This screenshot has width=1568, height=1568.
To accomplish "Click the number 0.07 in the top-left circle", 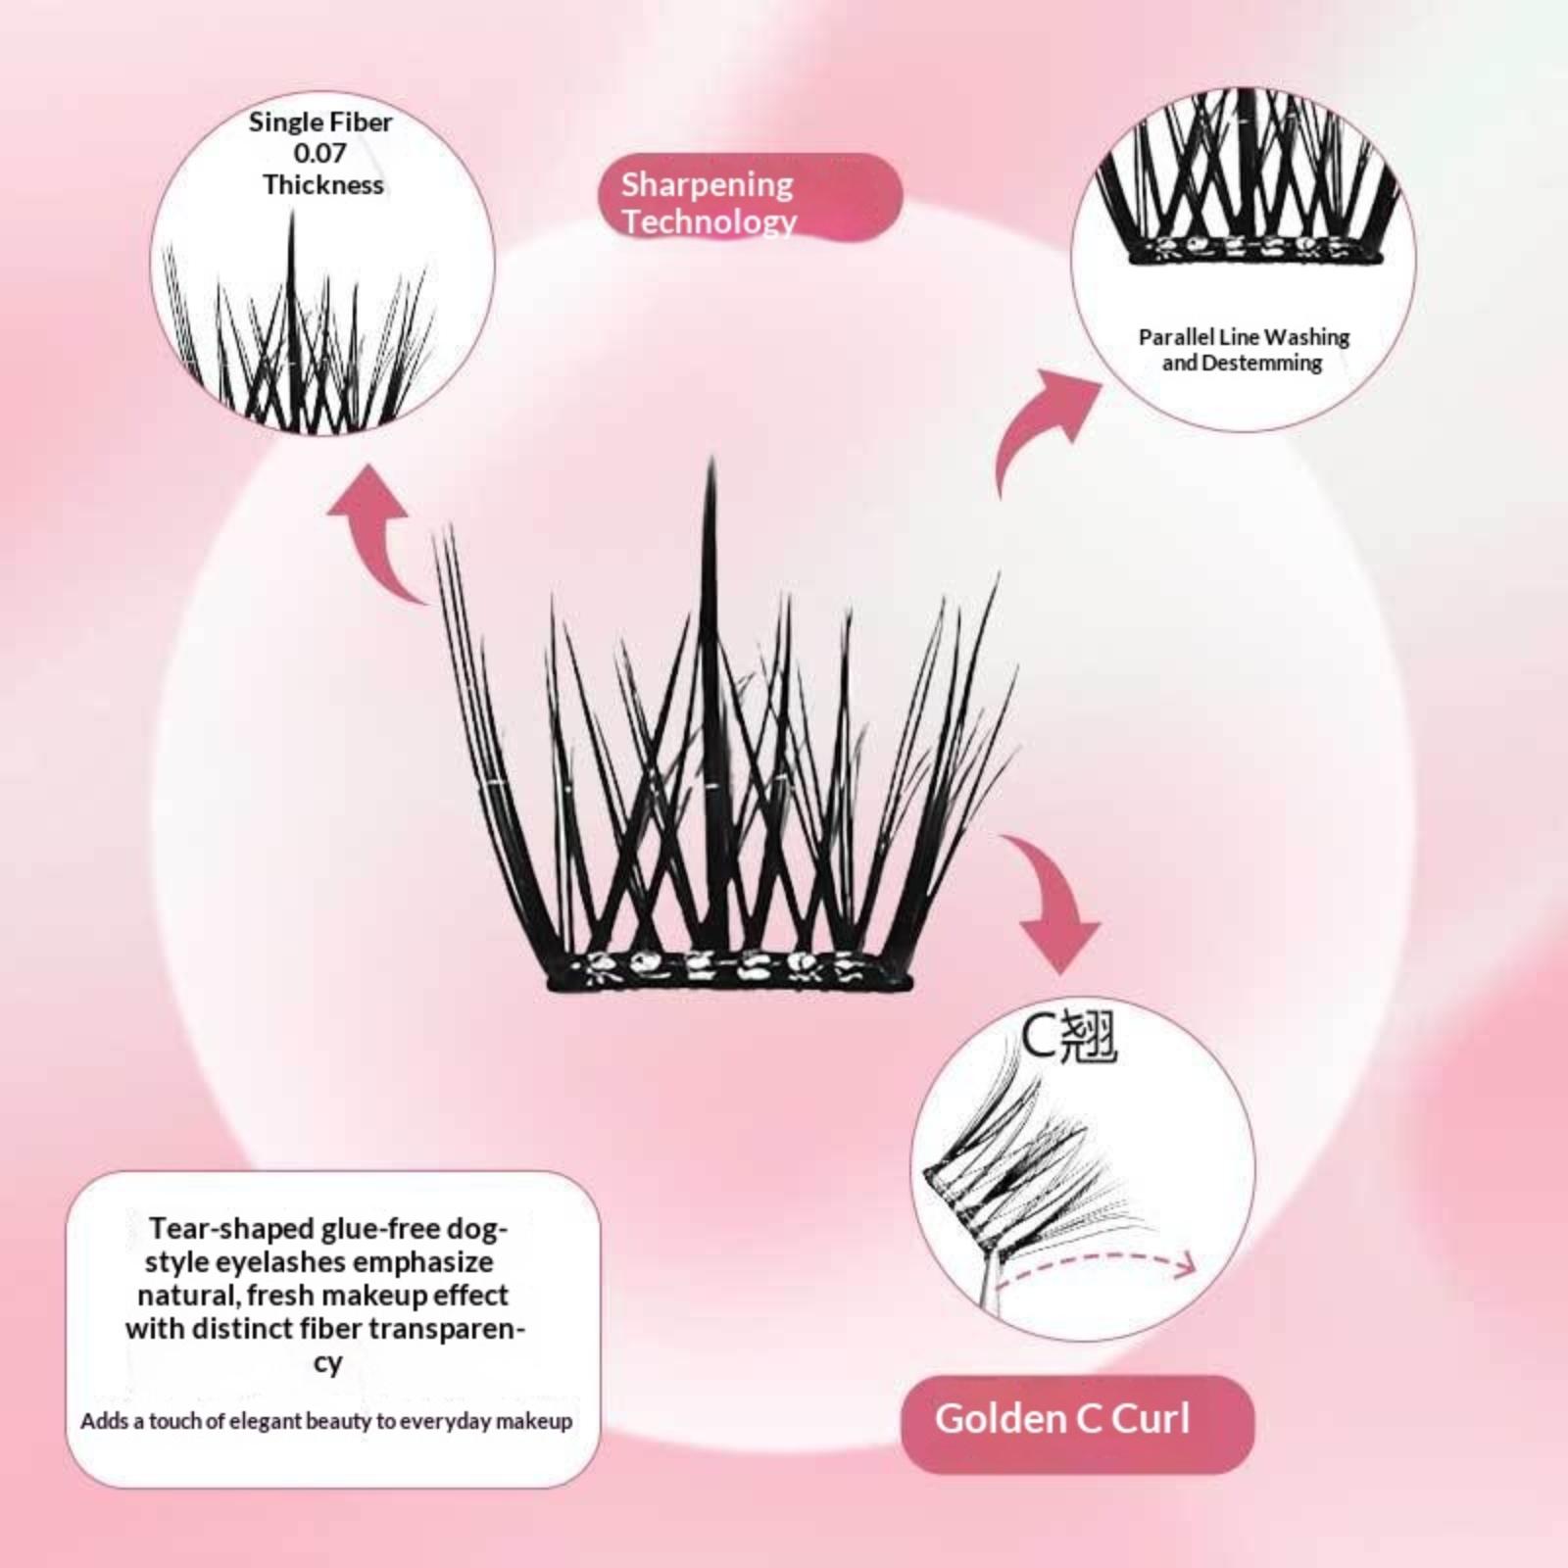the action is [x=319, y=153].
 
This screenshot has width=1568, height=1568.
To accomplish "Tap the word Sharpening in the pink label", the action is [x=707, y=184].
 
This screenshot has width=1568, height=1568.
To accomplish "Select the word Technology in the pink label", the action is [x=709, y=221].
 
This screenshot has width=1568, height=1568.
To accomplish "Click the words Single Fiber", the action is [x=319, y=122].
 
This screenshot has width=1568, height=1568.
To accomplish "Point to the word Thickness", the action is [x=322, y=184].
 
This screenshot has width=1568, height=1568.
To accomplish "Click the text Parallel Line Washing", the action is [x=1244, y=337].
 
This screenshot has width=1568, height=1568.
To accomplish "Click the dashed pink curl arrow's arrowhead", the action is [x=1184, y=1265].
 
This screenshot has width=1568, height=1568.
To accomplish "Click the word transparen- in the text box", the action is [x=447, y=1329].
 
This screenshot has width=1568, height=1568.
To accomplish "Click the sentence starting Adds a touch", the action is [x=326, y=1421].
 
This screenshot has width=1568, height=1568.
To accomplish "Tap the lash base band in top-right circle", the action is [x=1254, y=251].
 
